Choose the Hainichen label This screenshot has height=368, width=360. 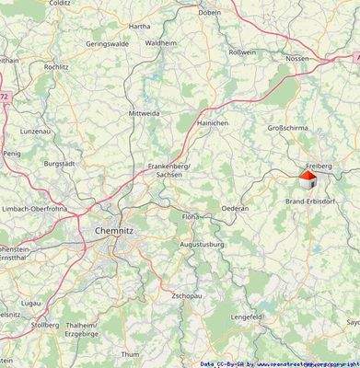click(212, 121)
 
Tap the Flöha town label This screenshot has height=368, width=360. click(190, 216)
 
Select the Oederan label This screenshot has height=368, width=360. click(235, 208)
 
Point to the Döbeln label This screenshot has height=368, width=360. click(235, 14)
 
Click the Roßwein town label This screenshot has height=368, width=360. click(242, 52)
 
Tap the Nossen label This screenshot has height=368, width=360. click(297, 57)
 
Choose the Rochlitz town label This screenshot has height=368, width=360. click(56, 66)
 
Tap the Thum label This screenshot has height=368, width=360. click(131, 353)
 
